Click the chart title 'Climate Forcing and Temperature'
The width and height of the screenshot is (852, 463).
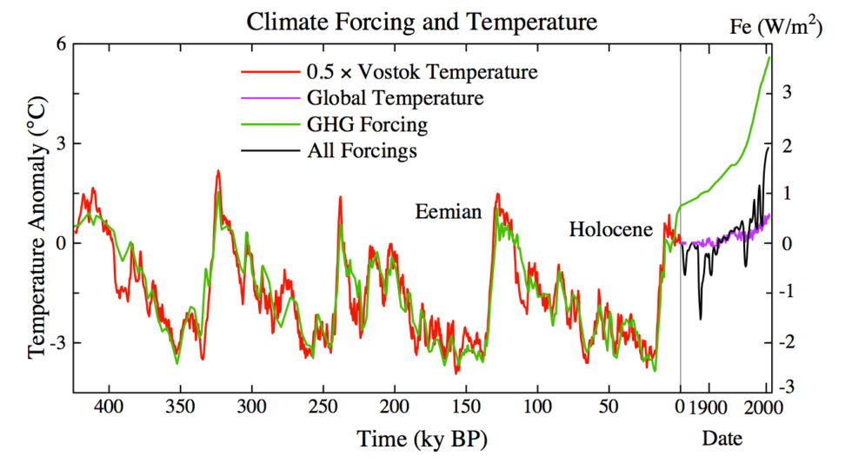pyautogui.click(x=422, y=22)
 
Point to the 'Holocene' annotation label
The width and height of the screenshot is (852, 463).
pyautogui.click(x=610, y=229)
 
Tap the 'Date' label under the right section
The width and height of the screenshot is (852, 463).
pyautogui.click(x=722, y=440)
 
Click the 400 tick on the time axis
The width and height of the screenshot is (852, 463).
pyautogui.click(x=108, y=407)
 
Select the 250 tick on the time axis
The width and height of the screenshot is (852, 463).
pyautogui.click(x=323, y=407)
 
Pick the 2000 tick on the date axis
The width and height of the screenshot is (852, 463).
pyautogui.click(x=765, y=407)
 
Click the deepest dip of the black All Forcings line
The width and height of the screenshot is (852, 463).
pyautogui.click(x=700, y=318)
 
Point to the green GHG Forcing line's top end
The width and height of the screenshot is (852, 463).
pyautogui.click(x=769, y=57)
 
